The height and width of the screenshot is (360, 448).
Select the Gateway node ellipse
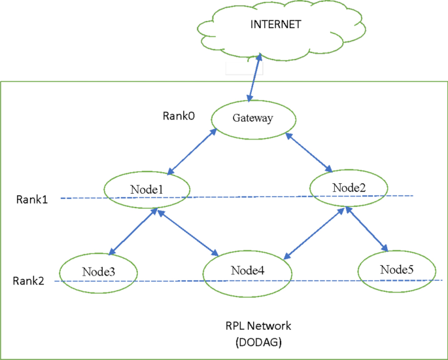pos(252,118)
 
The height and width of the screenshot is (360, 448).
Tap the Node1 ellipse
pos(147,189)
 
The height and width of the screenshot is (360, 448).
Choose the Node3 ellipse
pos(98,270)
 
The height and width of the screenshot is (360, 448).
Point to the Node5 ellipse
pos(397,269)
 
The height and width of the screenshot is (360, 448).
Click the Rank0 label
pos(178,115)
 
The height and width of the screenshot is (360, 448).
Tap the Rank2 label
pos(29,281)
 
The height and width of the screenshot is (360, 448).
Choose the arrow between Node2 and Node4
pos(313,232)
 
